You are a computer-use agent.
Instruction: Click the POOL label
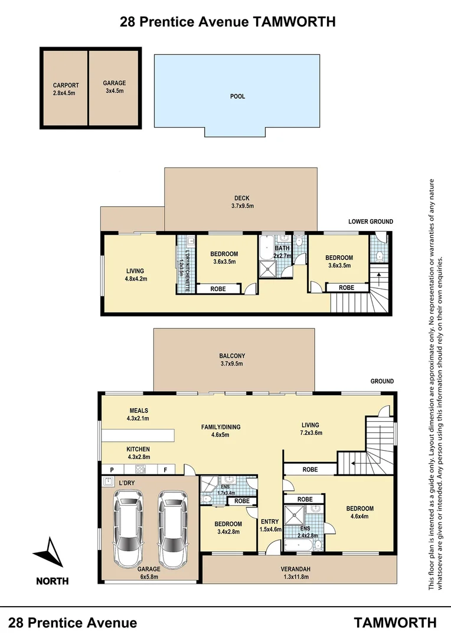[237, 96]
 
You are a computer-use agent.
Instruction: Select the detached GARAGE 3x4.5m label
[114, 87]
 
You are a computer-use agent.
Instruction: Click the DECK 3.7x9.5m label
[243, 202]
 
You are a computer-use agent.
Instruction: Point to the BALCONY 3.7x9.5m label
[232, 360]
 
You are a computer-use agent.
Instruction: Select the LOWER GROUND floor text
[370, 222]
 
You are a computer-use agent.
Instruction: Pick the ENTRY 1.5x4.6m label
[270, 525]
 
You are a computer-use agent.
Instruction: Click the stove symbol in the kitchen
[140, 470]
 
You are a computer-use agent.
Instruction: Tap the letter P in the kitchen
[112, 470]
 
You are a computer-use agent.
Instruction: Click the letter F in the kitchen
[166, 470]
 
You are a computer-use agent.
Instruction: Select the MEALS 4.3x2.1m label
[138, 414]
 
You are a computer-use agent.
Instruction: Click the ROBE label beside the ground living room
[310, 470]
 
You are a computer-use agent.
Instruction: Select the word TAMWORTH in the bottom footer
[395, 622]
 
